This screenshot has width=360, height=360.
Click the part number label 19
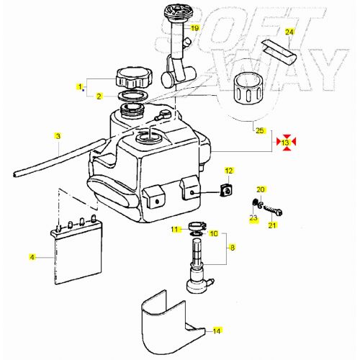[194, 28]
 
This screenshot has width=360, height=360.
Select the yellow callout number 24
[289, 32]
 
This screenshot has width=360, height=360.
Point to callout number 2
[100, 96]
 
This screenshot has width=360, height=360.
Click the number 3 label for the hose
[58, 135]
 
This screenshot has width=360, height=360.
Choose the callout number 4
[32, 256]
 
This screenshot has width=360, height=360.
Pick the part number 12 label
[230, 171]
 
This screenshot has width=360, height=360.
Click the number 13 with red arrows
[285, 143]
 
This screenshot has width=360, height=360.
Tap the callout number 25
[260, 130]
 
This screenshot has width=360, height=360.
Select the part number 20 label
[261, 189]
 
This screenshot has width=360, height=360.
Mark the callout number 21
[272, 225]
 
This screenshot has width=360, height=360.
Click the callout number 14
[217, 331]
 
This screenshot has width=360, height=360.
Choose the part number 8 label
[232, 247]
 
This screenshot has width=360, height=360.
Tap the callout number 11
[175, 230]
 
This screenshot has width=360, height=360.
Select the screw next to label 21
[273, 211]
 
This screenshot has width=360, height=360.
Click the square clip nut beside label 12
[224, 191]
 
